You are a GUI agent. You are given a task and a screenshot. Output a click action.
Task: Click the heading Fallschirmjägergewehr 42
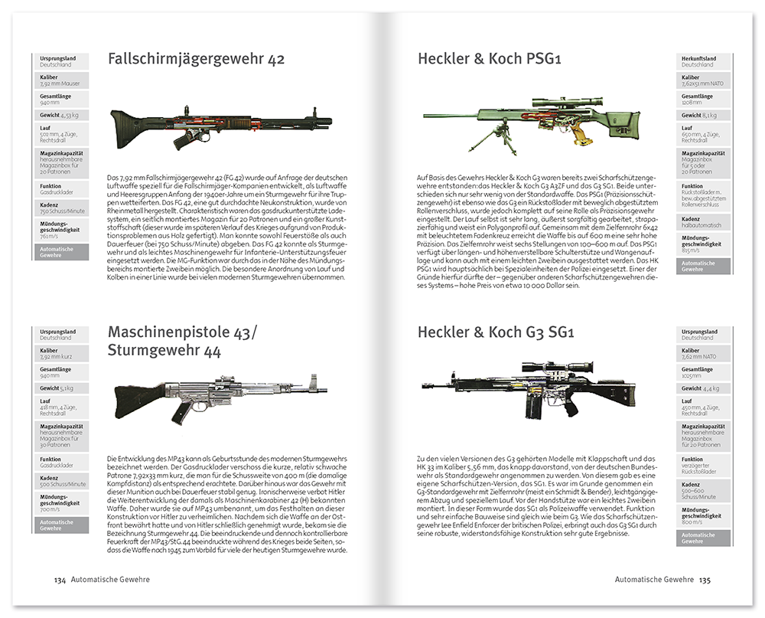(196, 60)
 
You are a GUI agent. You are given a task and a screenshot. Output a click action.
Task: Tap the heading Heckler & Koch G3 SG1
(495, 332)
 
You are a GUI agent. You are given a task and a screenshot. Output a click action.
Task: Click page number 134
(59, 580)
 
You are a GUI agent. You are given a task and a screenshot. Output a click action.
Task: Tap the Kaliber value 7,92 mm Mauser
(60, 83)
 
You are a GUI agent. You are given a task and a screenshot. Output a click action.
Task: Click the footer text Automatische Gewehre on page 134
(110, 580)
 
